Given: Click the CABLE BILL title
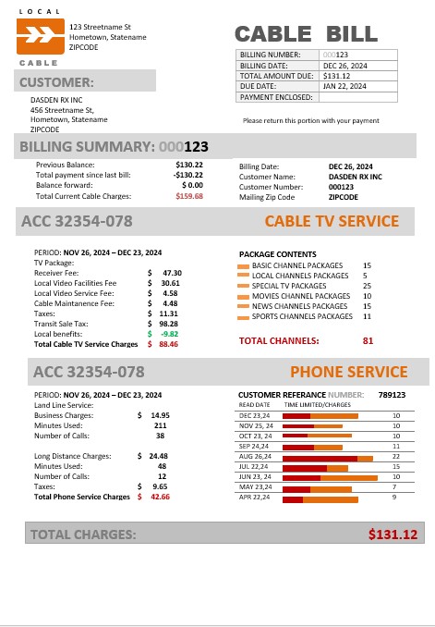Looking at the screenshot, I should point(306,34).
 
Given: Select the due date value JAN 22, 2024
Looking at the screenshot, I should point(344,86).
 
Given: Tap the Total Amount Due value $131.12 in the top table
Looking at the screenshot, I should point(337,76).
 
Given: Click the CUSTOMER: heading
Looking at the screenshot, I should point(57,82).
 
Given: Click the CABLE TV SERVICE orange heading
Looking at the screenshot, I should point(332,222).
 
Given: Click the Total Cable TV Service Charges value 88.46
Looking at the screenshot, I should point(168,344).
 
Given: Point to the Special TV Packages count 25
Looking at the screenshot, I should point(367,286).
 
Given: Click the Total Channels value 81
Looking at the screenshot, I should point(368,340).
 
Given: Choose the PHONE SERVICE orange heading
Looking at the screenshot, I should point(348,373).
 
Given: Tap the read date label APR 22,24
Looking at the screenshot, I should point(254,498).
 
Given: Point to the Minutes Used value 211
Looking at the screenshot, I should point(160,425).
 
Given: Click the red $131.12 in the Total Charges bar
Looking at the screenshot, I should point(393,535).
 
